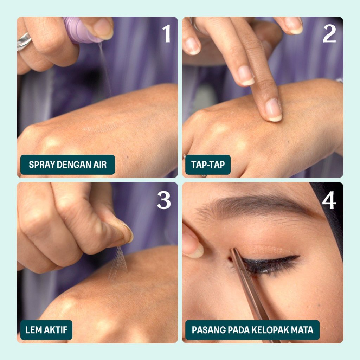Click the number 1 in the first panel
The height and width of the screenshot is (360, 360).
(x=167, y=33)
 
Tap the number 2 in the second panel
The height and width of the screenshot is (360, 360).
(x=329, y=33)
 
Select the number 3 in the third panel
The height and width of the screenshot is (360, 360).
(x=164, y=200)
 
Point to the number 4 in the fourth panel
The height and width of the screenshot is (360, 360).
(x=329, y=200)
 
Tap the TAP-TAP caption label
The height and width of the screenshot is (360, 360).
(x=208, y=165)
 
